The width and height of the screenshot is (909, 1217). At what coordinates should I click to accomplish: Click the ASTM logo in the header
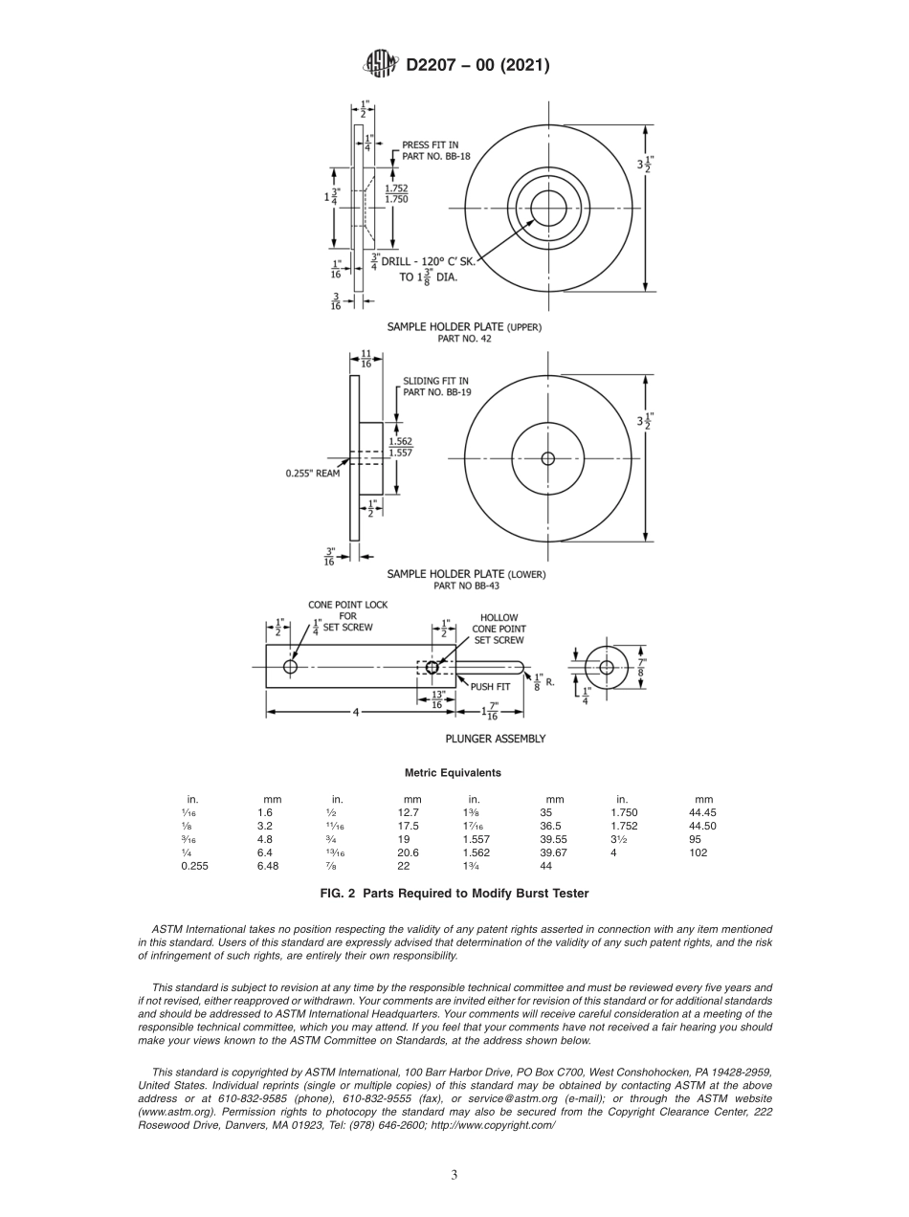[x=381, y=65]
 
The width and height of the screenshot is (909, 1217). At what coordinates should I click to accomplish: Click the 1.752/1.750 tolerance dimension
[x=396, y=193]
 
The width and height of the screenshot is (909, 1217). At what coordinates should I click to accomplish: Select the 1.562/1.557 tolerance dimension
[x=400, y=447]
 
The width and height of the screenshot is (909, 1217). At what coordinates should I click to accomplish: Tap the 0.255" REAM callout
[x=312, y=473]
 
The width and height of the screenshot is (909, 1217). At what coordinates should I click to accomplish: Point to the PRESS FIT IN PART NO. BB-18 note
[x=435, y=150]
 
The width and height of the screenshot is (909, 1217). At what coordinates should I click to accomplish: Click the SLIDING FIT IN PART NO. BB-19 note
[x=436, y=386]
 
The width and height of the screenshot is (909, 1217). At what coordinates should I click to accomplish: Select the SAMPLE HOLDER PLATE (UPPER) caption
[x=464, y=326]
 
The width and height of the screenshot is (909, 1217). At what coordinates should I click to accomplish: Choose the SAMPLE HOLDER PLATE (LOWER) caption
[x=466, y=574]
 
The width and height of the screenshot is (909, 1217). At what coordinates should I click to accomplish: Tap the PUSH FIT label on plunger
[x=489, y=686]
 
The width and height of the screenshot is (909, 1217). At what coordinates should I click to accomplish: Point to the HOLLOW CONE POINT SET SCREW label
[x=499, y=629]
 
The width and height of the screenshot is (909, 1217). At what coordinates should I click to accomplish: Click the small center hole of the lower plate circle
[x=547, y=458]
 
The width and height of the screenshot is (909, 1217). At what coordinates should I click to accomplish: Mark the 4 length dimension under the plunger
[x=354, y=712]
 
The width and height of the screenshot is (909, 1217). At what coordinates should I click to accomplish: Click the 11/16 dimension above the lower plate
[x=366, y=358]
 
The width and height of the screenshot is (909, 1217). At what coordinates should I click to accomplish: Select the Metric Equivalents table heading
[x=453, y=772]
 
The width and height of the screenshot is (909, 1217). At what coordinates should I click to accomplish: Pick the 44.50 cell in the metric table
[x=702, y=826]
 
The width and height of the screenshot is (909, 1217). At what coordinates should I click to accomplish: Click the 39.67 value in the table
[x=553, y=852]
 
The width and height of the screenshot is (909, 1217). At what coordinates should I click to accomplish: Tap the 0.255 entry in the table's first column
[x=194, y=866]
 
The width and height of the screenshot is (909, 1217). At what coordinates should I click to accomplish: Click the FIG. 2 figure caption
[x=454, y=894]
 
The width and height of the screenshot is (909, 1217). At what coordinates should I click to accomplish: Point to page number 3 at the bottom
[x=454, y=1175]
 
